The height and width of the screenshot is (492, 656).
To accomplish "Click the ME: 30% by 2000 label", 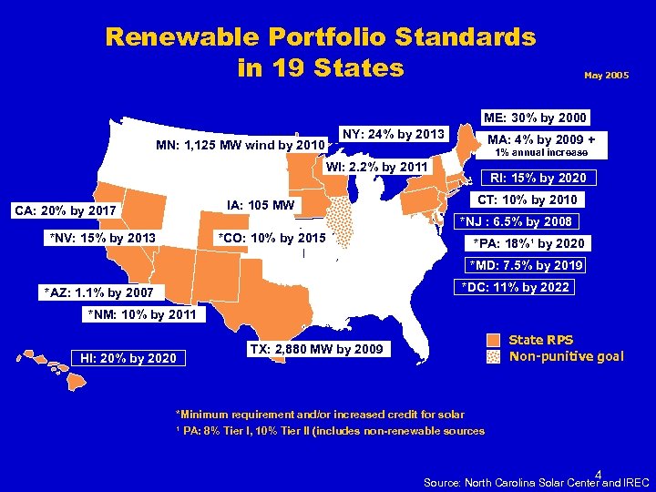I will tap(535, 118).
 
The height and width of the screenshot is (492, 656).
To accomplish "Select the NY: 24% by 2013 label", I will tap(392, 135).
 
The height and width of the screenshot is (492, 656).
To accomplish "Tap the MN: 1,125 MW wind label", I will tap(240, 145).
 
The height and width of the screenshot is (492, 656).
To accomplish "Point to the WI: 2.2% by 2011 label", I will tap(376, 167).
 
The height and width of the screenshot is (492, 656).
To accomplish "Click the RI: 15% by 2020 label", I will tap(538, 178).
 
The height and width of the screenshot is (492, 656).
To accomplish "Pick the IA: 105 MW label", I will tap(260, 205).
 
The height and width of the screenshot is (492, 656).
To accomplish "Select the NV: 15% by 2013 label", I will tap(103, 240).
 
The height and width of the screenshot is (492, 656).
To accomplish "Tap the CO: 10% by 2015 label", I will tap(272, 239).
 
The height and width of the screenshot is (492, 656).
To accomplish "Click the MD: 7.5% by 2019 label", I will tap(526, 266).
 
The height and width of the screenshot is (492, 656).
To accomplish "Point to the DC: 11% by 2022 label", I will tap(515, 288).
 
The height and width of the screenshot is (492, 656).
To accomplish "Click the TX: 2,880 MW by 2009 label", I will tap(315, 350).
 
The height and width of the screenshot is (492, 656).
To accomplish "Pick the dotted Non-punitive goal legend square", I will tap(493, 356).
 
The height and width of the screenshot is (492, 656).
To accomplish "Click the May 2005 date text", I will tap(606, 77).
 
